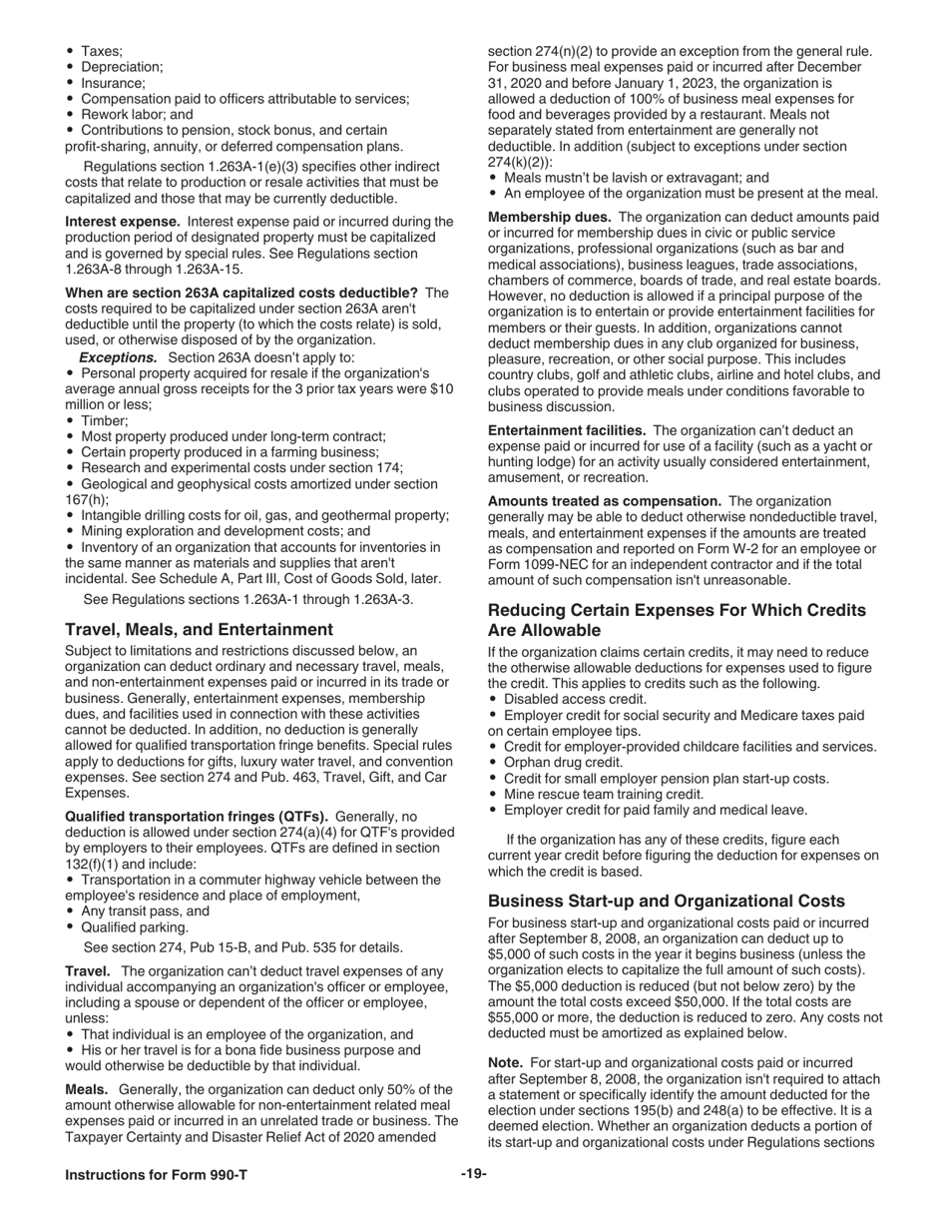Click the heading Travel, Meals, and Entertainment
point(199,629)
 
